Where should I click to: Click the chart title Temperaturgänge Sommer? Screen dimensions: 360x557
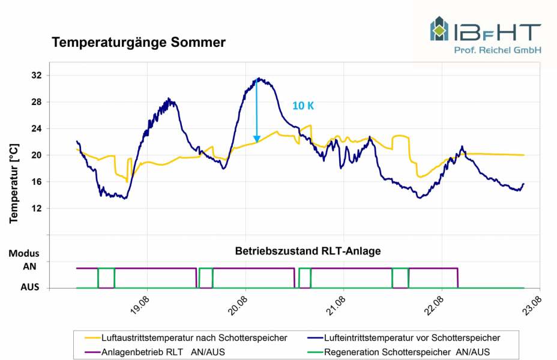139,43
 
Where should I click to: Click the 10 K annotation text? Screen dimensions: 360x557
303,106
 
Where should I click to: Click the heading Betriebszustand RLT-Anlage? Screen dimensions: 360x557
308,251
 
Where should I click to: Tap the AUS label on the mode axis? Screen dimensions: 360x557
30,287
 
